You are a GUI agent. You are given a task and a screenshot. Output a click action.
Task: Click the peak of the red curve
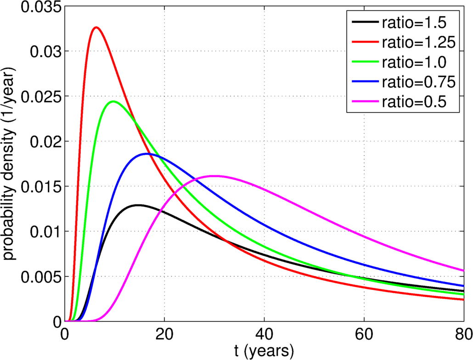96,28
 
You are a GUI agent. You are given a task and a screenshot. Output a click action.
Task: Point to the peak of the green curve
113,101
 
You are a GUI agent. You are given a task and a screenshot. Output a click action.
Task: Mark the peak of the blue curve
147,154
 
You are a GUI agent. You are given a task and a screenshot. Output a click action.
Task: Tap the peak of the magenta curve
214,176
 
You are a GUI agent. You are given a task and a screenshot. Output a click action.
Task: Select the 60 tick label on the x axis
364,334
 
